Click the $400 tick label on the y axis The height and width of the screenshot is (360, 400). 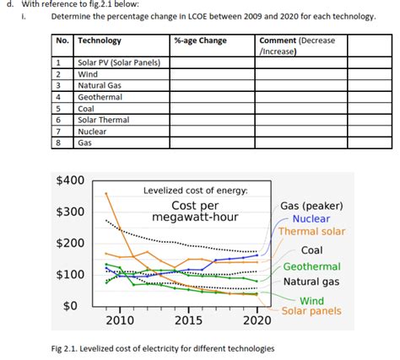[69, 180]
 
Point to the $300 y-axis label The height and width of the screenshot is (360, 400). [69, 211]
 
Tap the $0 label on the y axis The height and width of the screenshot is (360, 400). [73, 304]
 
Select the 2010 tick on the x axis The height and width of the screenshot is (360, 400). [119, 320]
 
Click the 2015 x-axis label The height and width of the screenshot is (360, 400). [188, 320]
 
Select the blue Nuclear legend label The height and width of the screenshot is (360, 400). [311, 218]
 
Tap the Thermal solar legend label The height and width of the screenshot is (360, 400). [311, 232]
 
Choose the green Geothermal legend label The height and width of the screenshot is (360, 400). [311, 266]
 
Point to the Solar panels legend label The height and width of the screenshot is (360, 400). [311, 311]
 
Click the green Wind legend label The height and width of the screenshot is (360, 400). [311, 300]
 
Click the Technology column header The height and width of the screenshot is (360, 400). [100, 40]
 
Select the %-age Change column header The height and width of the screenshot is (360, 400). [200, 40]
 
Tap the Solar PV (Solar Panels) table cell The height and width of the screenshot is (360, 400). [118, 62]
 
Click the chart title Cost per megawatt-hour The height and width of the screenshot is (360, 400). [195, 212]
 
